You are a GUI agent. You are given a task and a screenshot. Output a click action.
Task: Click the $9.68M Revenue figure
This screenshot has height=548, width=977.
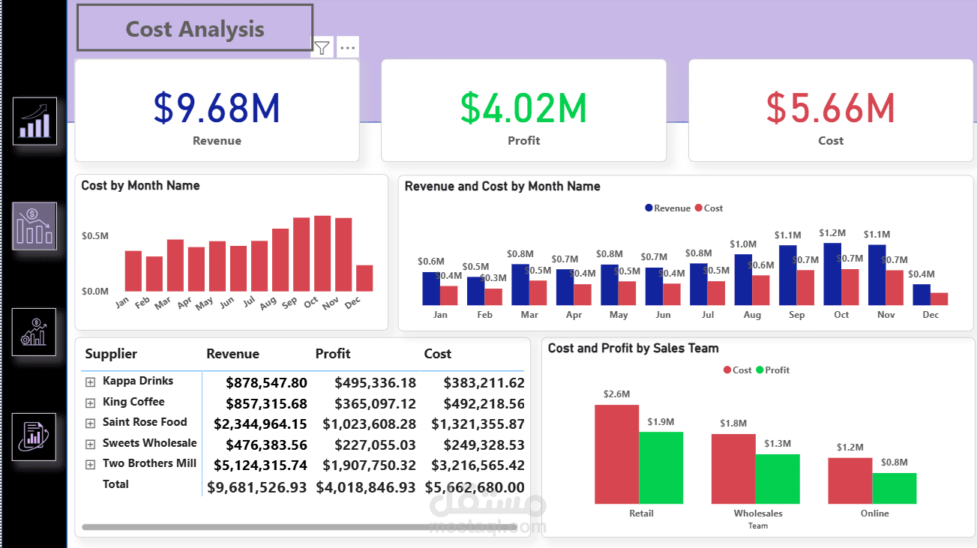217,108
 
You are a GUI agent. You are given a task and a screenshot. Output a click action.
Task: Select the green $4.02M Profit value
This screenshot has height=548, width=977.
523,108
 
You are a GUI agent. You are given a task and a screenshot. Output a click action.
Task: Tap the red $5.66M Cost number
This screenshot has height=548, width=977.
830,108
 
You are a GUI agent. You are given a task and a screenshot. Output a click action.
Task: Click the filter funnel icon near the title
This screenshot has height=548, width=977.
322,48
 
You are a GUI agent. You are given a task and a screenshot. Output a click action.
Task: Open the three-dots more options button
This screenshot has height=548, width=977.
347,48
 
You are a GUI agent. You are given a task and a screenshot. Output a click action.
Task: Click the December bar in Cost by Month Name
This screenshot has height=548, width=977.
364,278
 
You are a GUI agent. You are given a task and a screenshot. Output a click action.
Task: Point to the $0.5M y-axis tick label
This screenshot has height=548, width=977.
95,235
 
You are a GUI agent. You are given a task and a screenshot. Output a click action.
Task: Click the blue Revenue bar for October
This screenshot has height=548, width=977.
832,274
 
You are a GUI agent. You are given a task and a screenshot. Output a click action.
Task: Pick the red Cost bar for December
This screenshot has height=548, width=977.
939,298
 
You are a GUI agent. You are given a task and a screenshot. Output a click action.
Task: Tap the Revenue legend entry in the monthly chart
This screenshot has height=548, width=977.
667,208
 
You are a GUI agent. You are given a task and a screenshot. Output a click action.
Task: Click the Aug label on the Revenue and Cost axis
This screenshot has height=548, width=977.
752,315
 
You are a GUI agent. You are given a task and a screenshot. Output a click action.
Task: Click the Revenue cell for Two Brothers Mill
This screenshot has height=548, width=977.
260,465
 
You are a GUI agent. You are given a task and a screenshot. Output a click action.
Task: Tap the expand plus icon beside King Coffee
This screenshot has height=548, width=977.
91,403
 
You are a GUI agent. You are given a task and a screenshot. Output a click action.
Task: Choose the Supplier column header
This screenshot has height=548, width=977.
111,354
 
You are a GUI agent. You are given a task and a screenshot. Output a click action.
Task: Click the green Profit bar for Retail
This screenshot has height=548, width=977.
661,467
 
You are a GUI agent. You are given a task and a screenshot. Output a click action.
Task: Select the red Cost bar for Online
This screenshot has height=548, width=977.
850,481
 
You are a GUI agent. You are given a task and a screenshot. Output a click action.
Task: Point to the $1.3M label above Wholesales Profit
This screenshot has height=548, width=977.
778,444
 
